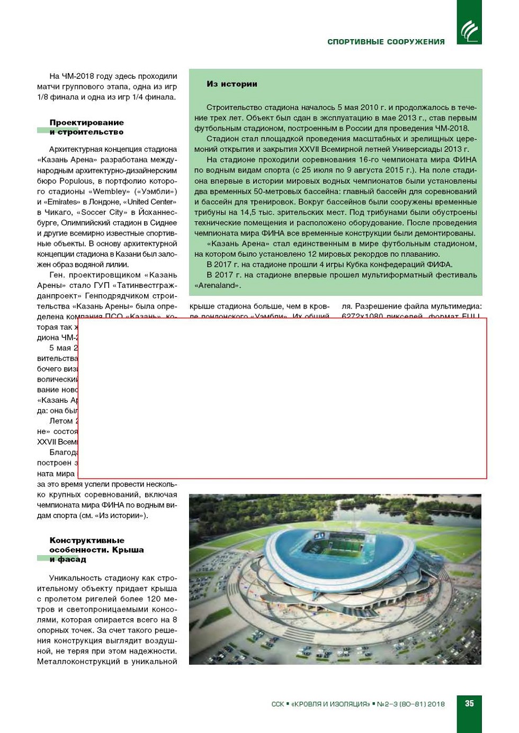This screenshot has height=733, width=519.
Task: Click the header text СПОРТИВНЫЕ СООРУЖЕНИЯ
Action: [x=386, y=42]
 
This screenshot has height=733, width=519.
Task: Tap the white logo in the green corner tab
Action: [x=469, y=31]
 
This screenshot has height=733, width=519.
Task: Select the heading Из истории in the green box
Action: [x=231, y=84]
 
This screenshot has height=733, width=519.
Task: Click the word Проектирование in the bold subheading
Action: [x=86, y=122]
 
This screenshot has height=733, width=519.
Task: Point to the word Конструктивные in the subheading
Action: [x=87, y=540]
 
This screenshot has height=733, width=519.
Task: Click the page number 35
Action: [x=469, y=703]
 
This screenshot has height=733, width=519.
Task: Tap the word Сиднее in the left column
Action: [x=164, y=223]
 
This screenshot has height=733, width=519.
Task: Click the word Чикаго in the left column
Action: [x=57, y=212]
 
